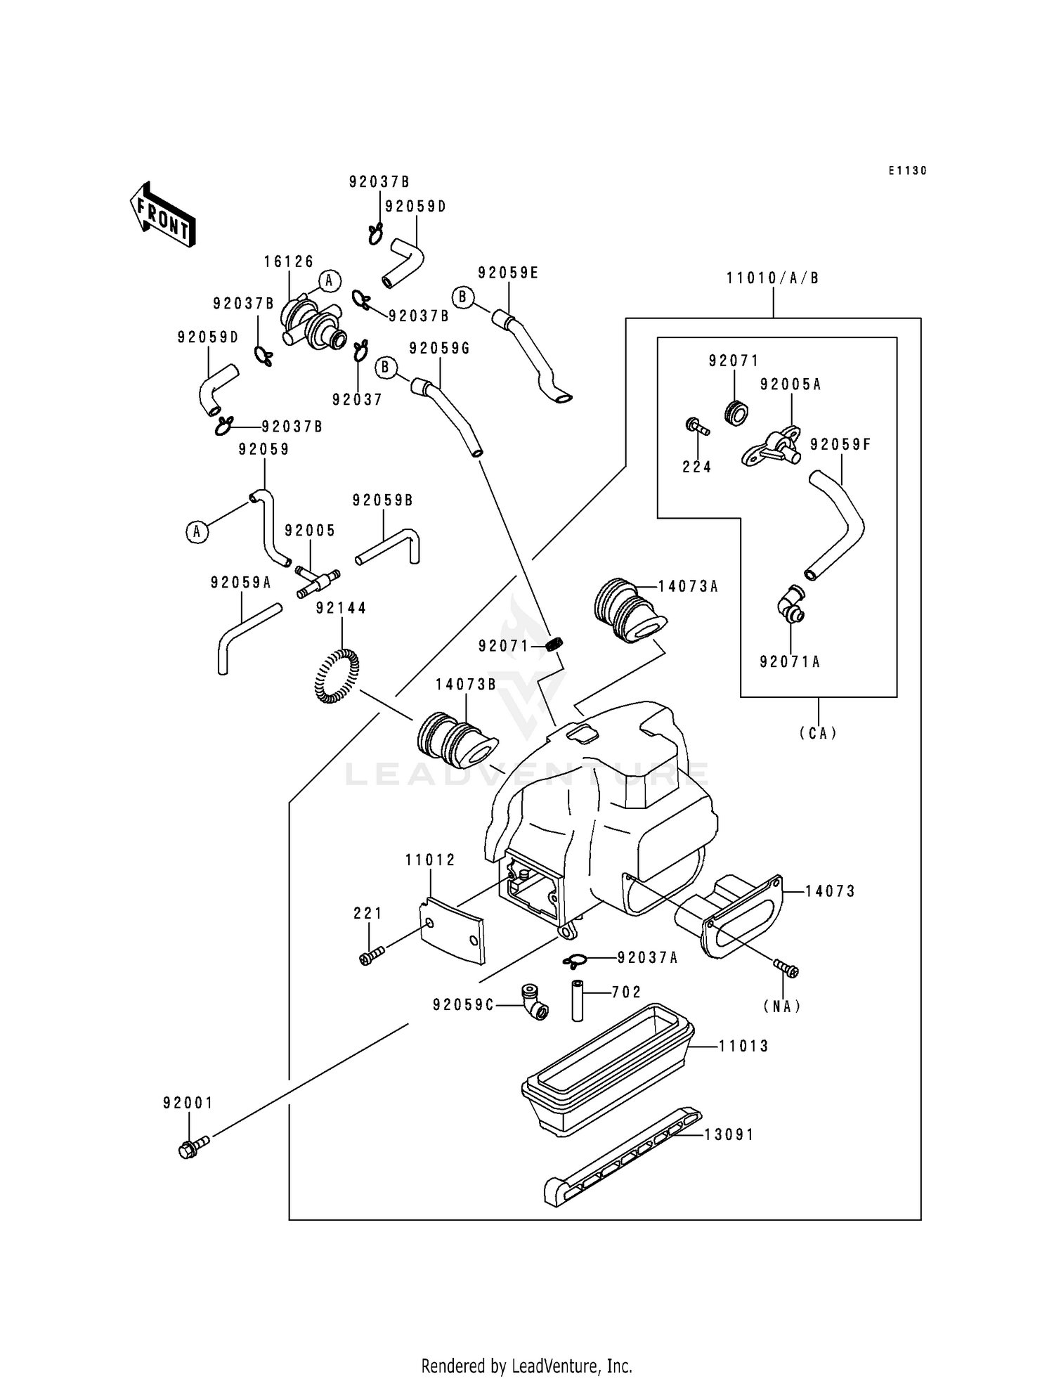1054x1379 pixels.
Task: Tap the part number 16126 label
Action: coord(289,262)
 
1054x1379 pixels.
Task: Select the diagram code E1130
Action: coord(907,171)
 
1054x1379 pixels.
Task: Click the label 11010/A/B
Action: coord(773,278)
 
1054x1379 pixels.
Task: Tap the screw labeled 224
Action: coord(696,426)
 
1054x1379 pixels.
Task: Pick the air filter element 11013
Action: coord(608,1066)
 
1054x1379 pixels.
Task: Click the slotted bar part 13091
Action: coord(622,1157)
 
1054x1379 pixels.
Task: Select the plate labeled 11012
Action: coord(453,931)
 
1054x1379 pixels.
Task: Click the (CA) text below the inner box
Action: coord(818,733)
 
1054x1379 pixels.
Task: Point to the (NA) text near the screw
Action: coord(782,1006)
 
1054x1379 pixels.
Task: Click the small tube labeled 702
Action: coord(577,999)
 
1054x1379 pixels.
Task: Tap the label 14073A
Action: coord(688,587)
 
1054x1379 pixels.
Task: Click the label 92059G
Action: coord(439,349)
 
